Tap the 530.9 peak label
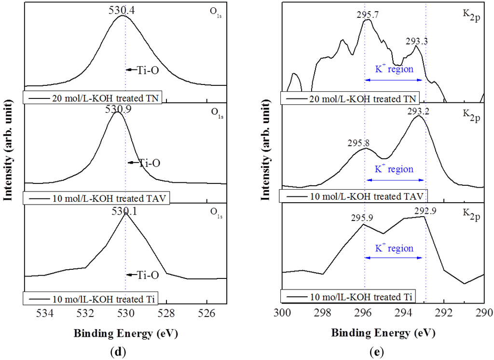(117, 110)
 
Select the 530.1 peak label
(124, 211)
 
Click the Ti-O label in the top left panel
(149, 70)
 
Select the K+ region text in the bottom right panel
(395, 249)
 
